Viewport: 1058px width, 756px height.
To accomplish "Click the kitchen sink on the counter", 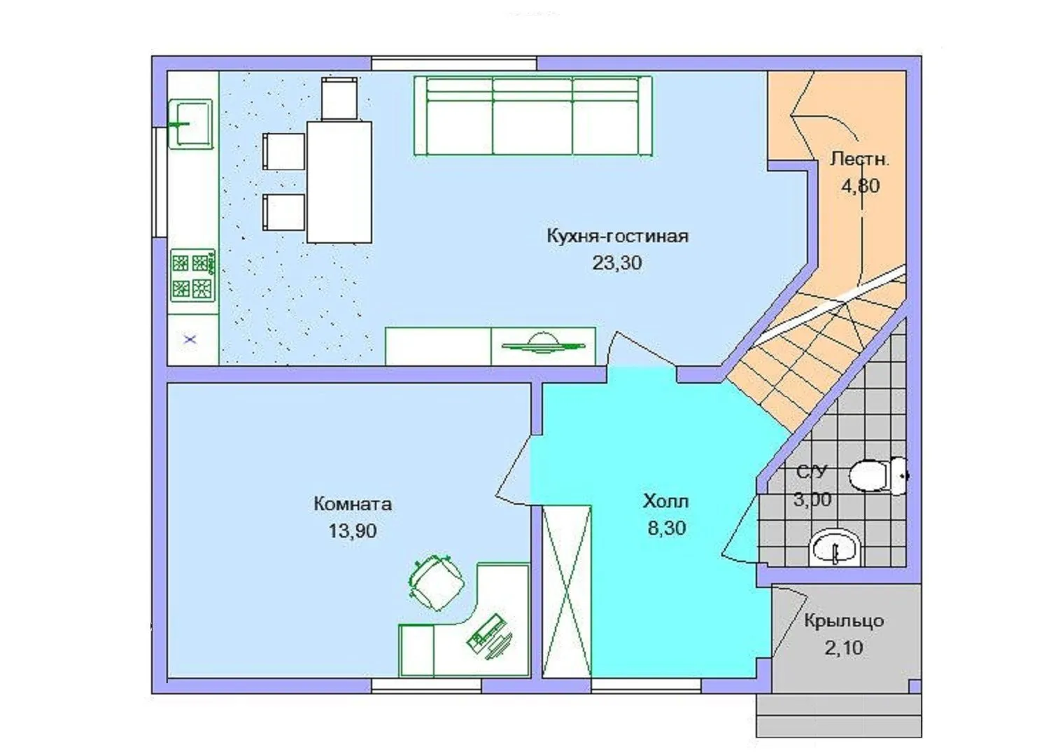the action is (x=190, y=125).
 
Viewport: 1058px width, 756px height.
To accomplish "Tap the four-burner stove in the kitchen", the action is (x=192, y=276).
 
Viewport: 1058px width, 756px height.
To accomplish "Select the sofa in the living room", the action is (x=533, y=115).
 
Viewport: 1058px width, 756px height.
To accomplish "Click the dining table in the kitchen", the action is (x=339, y=183).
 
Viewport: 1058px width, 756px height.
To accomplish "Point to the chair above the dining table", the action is (x=339, y=99).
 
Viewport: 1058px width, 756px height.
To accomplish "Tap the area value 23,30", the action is (x=617, y=263).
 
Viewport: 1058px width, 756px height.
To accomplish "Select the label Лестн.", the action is (x=859, y=159).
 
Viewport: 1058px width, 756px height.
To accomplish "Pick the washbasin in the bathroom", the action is (x=835, y=548).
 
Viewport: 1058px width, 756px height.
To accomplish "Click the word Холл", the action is (x=666, y=501).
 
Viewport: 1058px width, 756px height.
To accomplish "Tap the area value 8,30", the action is (x=666, y=528).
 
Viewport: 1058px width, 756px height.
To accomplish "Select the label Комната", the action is (x=353, y=504).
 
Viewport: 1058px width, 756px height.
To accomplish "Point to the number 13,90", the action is (x=353, y=531).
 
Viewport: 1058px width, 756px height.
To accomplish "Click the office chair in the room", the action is (x=435, y=582).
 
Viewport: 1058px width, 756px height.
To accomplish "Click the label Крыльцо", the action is (x=844, y=621).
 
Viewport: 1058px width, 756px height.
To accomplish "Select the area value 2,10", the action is (x=844, y=647).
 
